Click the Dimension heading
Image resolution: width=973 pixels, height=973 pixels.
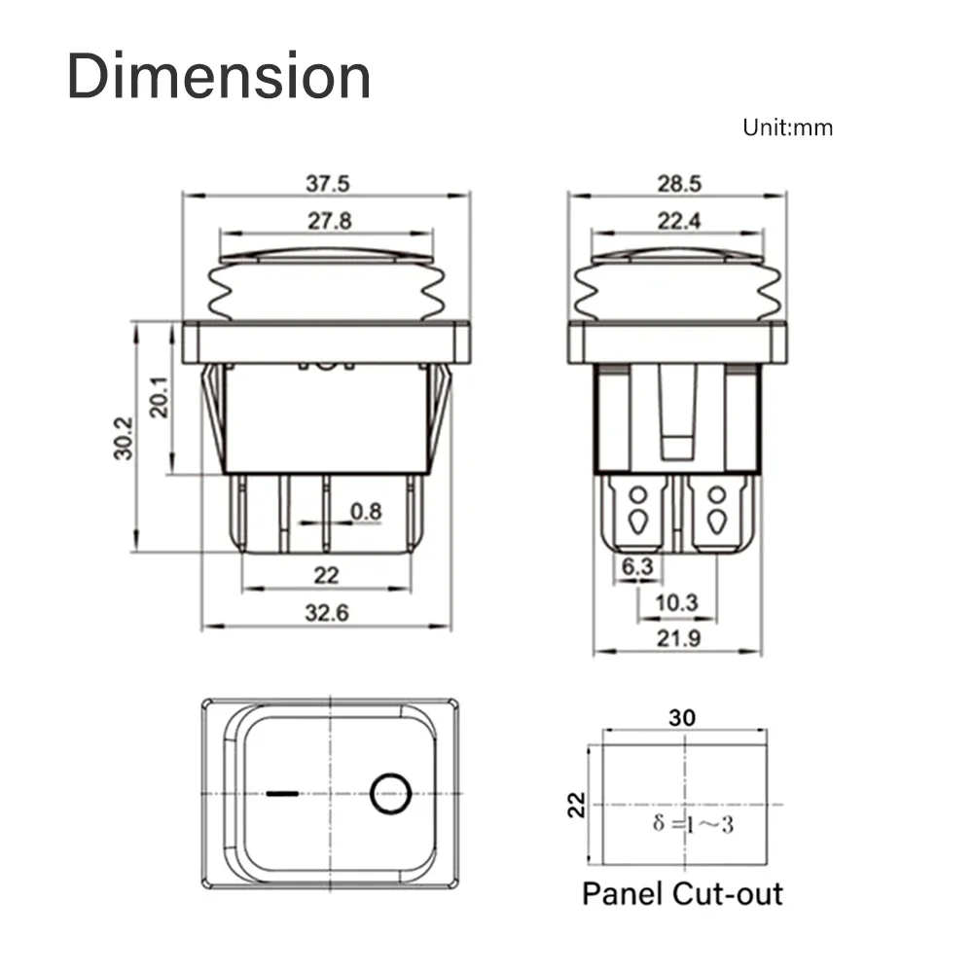coord(219,77)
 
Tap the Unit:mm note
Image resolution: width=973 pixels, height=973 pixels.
coord(787,127)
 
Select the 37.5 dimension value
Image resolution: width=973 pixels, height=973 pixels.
coord(328,183)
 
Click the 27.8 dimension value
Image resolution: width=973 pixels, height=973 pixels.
coord(329,221)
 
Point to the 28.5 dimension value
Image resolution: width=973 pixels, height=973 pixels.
coord(679,183)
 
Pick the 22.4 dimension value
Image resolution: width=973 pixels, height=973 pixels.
coord(678,221)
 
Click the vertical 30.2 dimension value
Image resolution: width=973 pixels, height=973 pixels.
coord(123,439)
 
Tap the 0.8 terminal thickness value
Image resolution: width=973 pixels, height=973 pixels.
coord(366,510)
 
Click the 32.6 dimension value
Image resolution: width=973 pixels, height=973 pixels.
coord(327,613)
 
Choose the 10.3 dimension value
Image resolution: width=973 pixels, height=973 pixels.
coord(676,603)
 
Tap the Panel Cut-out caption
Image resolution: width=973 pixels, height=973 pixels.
coord(682,893)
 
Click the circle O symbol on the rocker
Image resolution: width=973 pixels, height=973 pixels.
coord(389,794)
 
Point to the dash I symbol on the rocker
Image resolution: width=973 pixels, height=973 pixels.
coord(281,794)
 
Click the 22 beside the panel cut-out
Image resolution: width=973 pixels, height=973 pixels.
coord(577,804)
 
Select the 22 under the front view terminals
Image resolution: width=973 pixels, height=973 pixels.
coord(327,575)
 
